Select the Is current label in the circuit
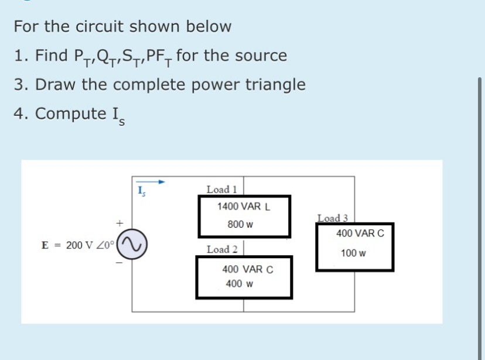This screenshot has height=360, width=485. pos(141,190)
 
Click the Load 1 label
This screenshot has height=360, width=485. pos(221,189)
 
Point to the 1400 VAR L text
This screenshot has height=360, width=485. pos(243,207)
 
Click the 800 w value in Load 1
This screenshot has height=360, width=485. pos(240,224)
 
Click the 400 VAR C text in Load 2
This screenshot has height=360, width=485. pos(248,269)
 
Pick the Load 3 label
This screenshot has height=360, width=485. pos(333,218)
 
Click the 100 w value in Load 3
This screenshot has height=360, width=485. pos(354,253)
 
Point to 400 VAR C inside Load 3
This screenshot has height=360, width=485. pos(360,234)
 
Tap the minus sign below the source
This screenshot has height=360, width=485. pos(119,263)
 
